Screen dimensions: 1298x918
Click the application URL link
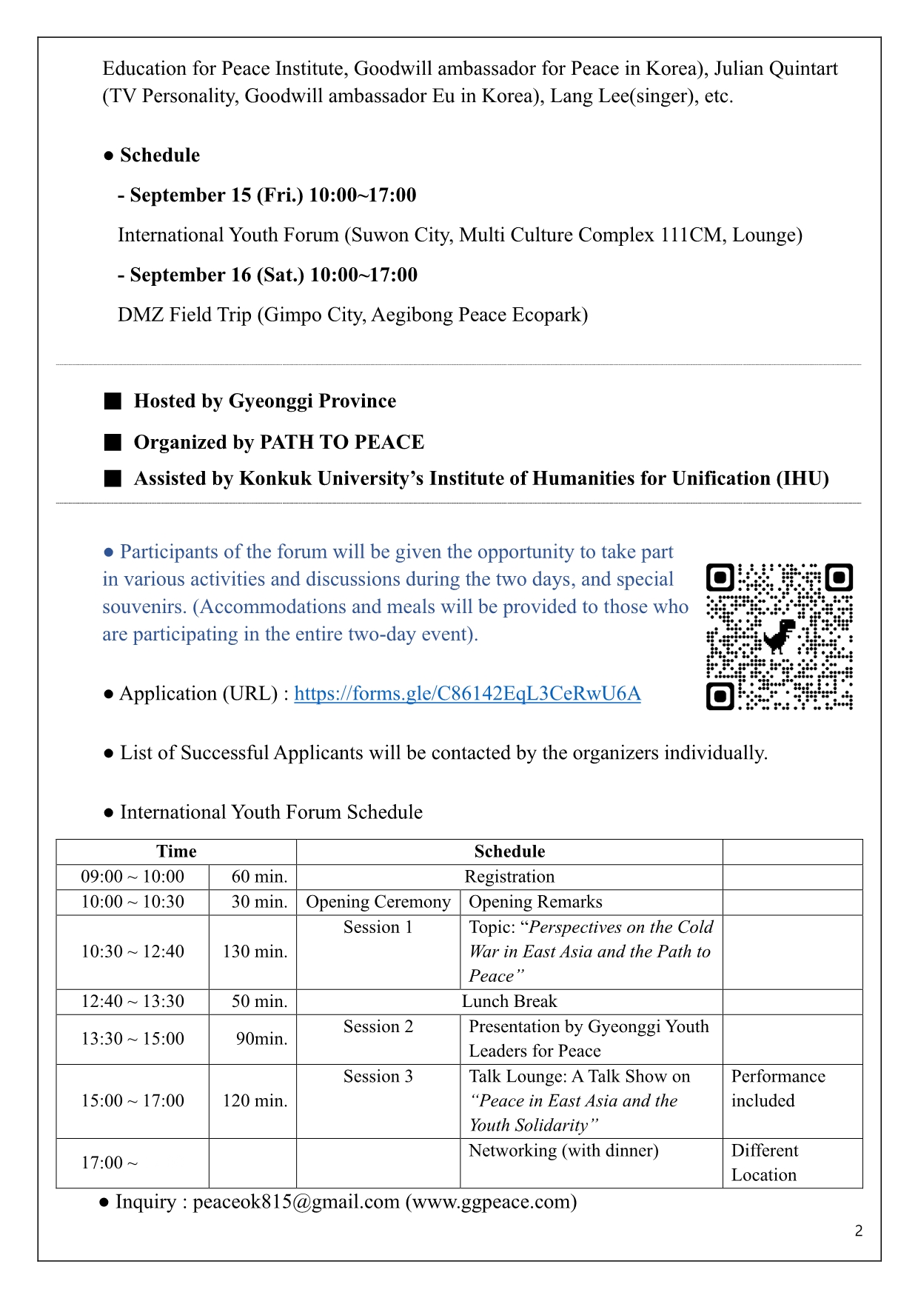(x=467, y=694)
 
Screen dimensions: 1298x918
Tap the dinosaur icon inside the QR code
(x=779, y=635)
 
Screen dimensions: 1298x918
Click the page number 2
(x=858, y=1231)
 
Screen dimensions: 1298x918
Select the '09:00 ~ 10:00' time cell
(x=133, y=877)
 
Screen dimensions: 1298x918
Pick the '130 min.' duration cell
(x=254, y=951)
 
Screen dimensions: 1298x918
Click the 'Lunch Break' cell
(x=509, y=1002)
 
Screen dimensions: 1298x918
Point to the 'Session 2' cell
(x=378, y=1027)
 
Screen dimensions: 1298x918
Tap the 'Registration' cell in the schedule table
(x=509, y=877)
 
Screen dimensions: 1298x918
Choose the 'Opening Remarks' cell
(x=535, y=902)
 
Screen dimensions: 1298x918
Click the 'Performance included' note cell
(x=777, y=1088)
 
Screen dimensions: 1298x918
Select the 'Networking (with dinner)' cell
(x=563, y=1151)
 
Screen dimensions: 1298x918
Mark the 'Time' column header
(x=176, y=852)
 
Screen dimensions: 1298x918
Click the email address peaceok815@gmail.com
(x=296, y=1201)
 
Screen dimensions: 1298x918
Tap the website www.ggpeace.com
(x=491, y=1201)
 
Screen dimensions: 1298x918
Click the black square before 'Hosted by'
(x=113, y=401)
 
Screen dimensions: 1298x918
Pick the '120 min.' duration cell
(x=254, y=1101)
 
